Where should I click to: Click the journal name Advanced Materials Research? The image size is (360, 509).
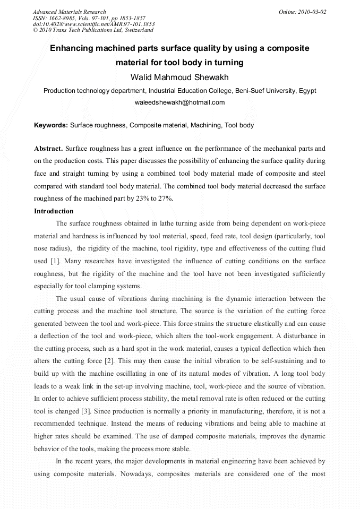pos(69,12)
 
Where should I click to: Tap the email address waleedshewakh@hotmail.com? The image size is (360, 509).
pos(179,102)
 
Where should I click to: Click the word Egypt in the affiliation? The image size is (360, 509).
pos(307,91)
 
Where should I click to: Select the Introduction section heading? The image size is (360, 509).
pos(54,211)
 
